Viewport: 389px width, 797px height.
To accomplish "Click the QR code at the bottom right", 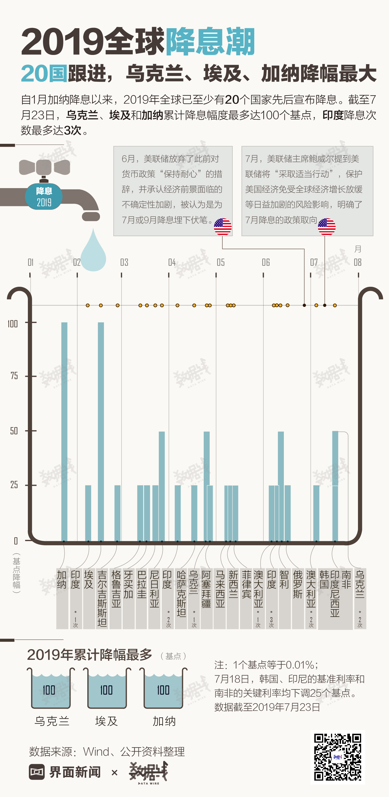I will tap(338, 757).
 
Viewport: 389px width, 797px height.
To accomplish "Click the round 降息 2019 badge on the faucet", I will tap(44, 196).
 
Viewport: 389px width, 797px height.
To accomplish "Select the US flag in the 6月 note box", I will tap(223, 226).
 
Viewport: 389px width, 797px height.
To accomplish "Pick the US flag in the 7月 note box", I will tap(327, 226).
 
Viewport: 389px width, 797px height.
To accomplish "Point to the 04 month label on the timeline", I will tap(172, 262).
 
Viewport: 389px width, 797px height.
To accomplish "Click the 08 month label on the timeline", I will tap(357, 262).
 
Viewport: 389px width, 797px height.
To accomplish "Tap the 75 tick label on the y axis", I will tap(14, 376).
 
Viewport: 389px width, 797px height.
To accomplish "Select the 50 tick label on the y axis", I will tap(14, 431).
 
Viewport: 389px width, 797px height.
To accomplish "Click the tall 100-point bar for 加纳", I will tap(64, 432).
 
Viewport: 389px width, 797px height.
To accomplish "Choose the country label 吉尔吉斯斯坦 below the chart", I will tap(102, 598).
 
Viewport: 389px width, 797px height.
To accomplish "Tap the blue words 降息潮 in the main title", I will tap(210, 42).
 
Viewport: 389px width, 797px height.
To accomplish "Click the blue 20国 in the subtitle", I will tap(44, 74).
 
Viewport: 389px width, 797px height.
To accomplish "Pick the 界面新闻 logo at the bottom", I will tap(65, 772).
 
